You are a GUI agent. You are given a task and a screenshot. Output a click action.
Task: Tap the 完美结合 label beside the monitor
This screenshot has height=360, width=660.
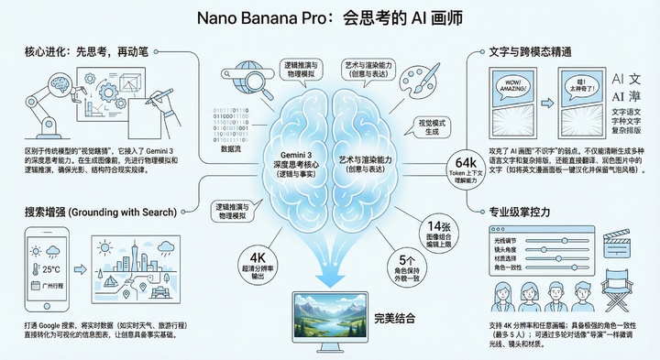click(398, 319)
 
